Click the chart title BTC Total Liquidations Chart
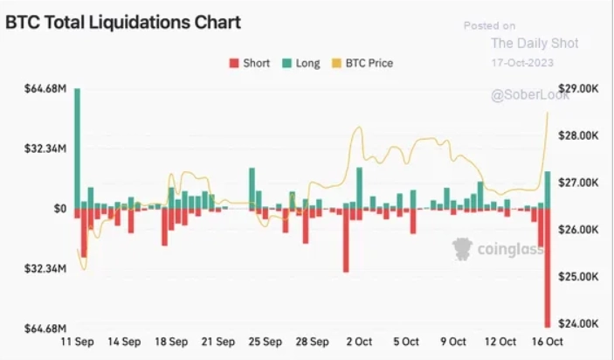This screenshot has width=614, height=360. pos(123,23)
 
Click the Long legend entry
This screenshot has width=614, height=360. pos(300,63)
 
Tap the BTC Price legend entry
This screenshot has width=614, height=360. pos(363,63)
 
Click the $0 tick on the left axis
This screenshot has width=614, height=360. pos(60,209)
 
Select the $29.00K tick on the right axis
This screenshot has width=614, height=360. pos(577,89)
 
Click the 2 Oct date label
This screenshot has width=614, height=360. pos(360,342)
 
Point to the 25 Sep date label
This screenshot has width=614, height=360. pos(265,342)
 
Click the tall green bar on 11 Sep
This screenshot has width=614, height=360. pos(77,149)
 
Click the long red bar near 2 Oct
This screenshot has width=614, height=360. pos(346,239)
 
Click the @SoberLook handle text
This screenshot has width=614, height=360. pos(530,95)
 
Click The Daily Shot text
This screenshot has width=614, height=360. pos(534,44)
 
